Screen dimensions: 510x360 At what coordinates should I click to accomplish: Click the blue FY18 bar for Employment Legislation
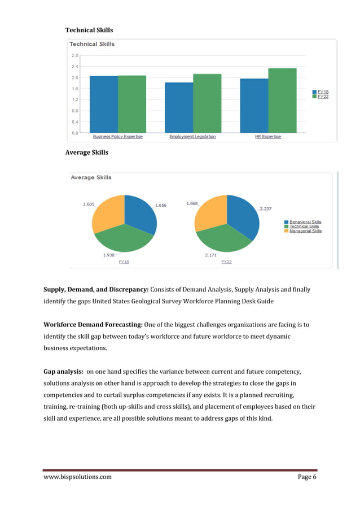pyautogui.click(x=178, y=107)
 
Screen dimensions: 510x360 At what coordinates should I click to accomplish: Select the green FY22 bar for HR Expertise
pyautogui.click(x=282, y=101)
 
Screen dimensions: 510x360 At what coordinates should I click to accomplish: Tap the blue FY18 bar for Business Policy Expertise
pyautogui.click(x=104, y=104)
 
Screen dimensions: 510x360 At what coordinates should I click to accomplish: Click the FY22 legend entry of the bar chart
pyautogui.click(x=323, y=97)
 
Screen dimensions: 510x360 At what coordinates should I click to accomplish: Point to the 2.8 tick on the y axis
pyautogui.click(x=75, y=55)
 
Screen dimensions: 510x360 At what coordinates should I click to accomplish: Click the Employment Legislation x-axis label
pyautogui.click(x=192, y=137)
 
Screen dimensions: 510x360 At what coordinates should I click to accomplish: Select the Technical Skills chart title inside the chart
pyautogui.click(x=91, y=44)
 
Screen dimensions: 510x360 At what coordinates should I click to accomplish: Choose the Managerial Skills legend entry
pyautogui.click(x=305, y=231)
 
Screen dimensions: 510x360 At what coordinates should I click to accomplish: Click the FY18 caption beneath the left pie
pyautogui.click(x=124, y=262)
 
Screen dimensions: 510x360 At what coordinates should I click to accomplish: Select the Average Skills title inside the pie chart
pyautogui.click(x=91, y=177)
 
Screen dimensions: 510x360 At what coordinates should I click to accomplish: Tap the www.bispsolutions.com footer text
pyautogui.click(x=77, y=477)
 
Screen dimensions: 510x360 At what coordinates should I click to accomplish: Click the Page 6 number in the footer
pyautogui.click(x=307, y=477)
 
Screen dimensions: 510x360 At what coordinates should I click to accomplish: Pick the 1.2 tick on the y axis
pyautogui.click(x=75, y=99)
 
